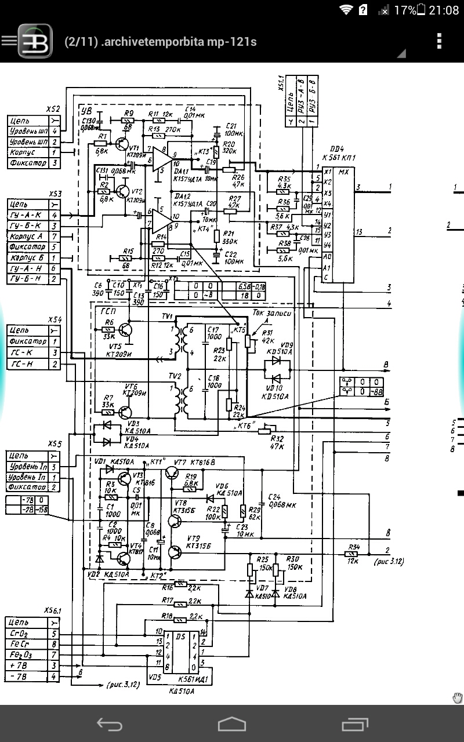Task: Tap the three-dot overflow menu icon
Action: tap(439, 41)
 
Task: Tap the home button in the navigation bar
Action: tap(232, 723)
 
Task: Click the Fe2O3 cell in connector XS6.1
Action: tap(26, 655)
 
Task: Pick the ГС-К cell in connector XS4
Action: tap(26, 352)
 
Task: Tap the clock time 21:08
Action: tap(444, 10)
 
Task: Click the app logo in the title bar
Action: tap(35, 41)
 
